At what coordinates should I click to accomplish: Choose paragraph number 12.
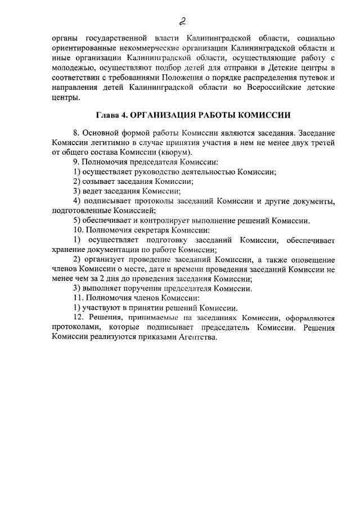(x=79, y=317)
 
